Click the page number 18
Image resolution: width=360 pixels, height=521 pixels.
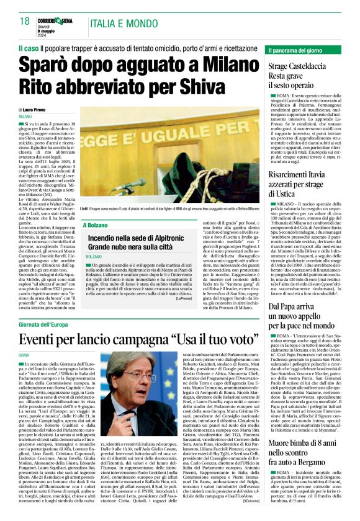point(25,21)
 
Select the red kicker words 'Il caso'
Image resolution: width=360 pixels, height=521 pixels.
point(28,47)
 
